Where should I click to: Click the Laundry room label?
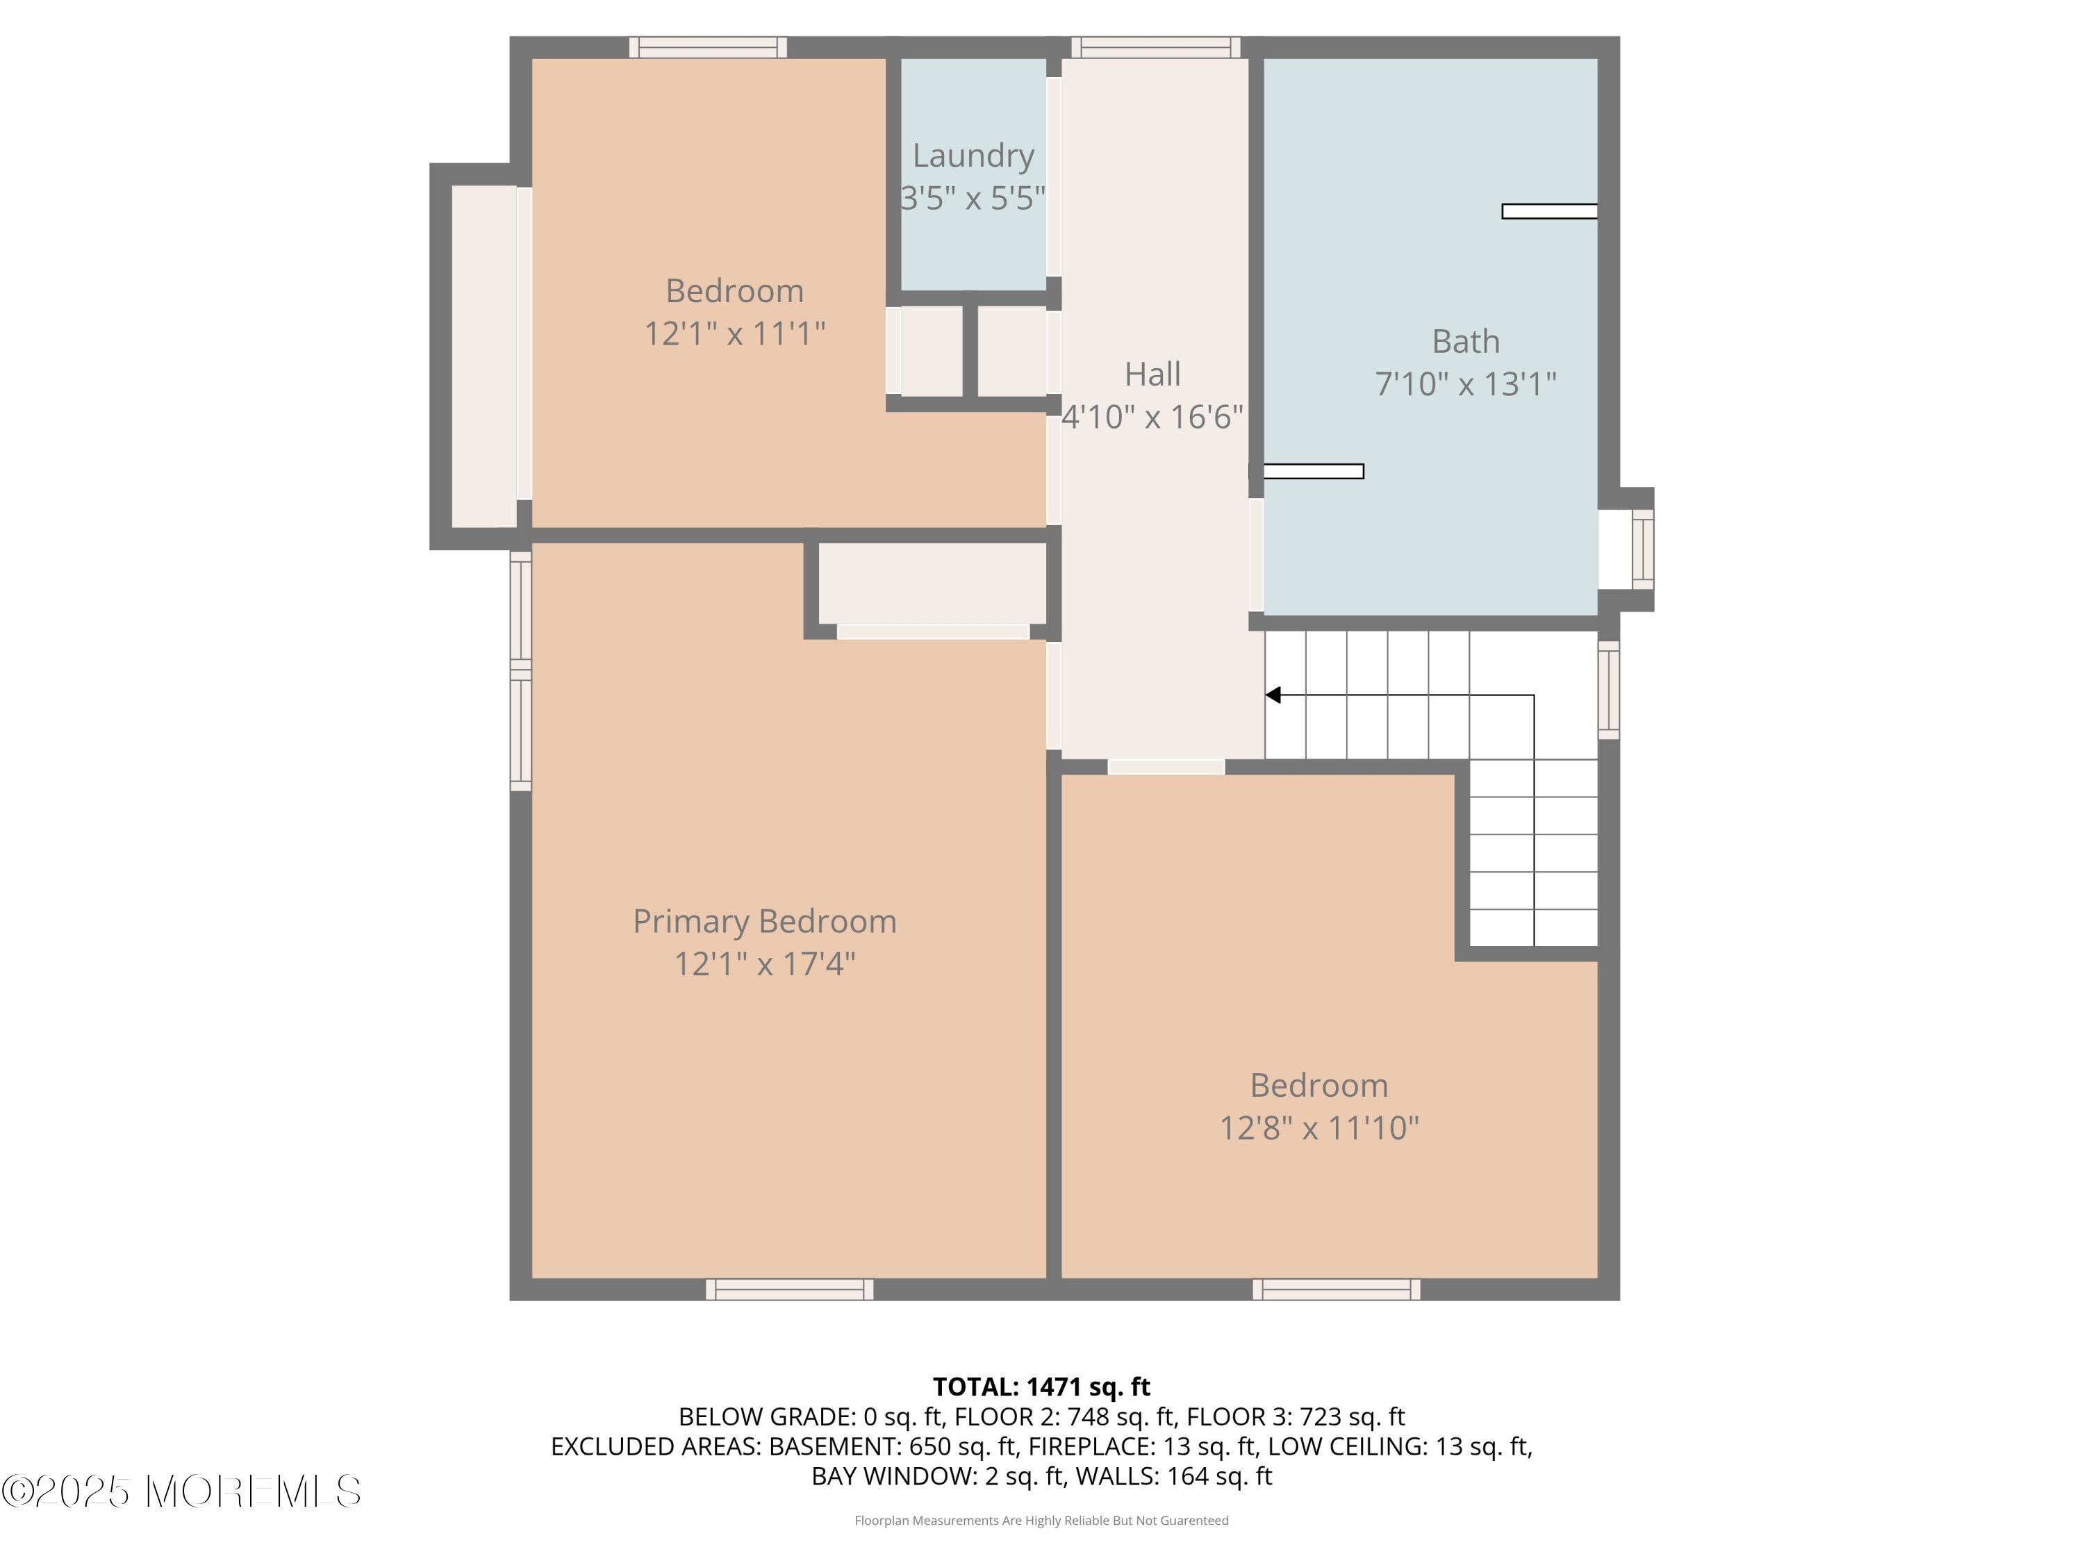[973, 156]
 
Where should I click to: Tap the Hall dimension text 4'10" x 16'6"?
[1152, 416]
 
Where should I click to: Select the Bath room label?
[1466, 341]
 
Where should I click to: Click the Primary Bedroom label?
[764, 921]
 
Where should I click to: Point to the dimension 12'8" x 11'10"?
[1319, 1127]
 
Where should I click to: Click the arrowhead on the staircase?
[1273, 695]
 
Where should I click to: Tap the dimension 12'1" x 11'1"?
[735, 333]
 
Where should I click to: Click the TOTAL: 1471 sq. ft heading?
[1041, 1387]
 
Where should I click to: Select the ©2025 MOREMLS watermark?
[181, 1491]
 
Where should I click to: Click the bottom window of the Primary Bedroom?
[790, 1290]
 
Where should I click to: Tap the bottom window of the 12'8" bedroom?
[1336, 1290]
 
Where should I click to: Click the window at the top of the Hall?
[1156, 47]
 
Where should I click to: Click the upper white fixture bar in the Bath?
[1550, 212]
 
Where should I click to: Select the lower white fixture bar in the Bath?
[1312, 471]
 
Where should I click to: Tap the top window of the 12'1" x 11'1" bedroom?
[708, 47]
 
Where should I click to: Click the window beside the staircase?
[1609, 690]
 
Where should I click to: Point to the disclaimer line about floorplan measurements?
[1041, 1520]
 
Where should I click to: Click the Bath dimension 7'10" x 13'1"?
[1466, 384]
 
